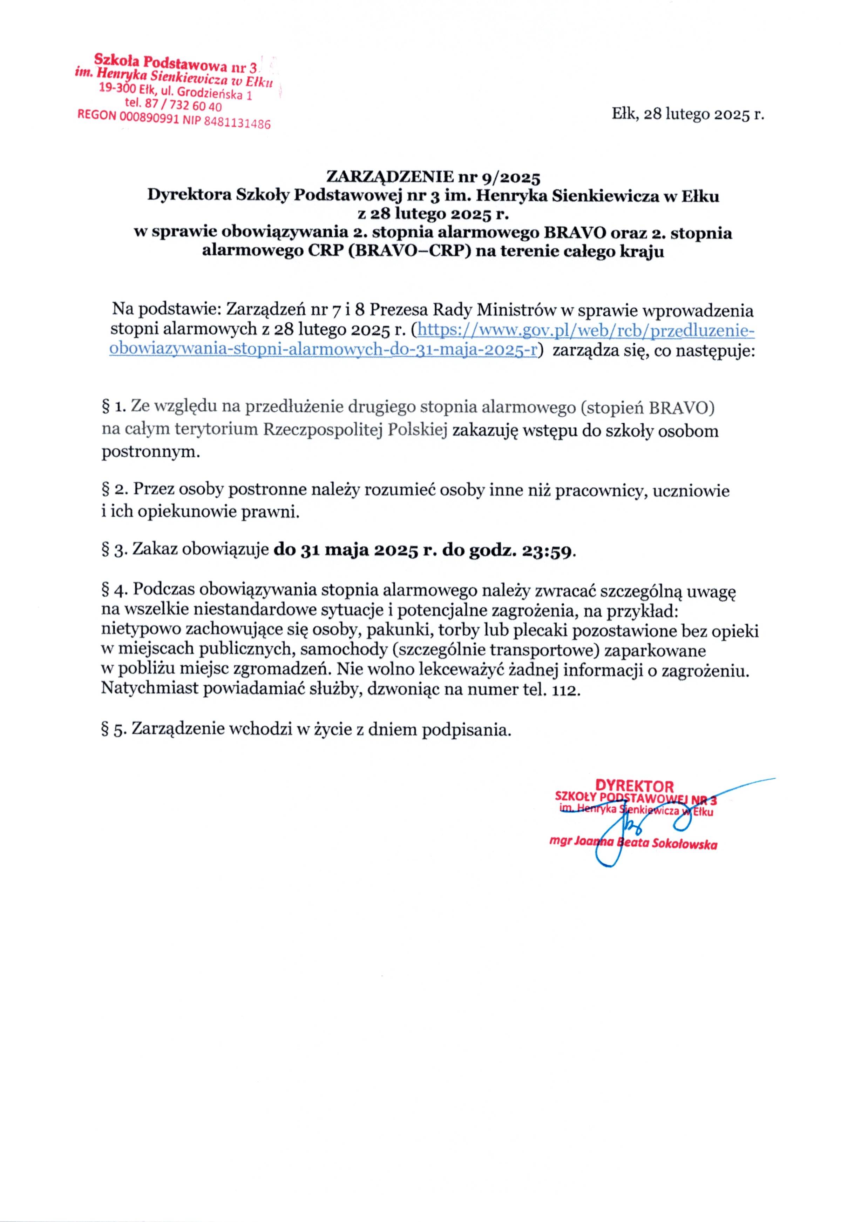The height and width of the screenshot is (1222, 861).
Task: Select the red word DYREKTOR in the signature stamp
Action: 635,786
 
